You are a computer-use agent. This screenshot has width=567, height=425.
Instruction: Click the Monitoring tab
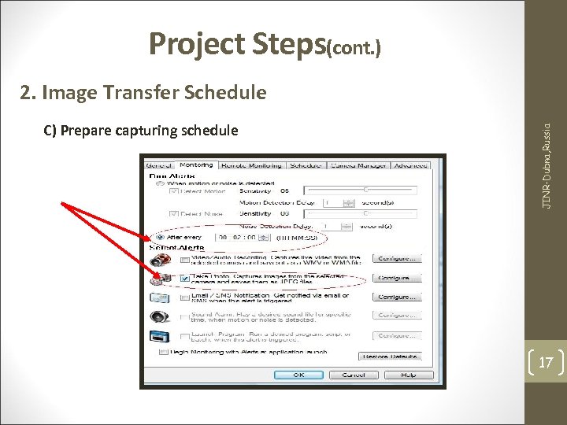click(197, 165)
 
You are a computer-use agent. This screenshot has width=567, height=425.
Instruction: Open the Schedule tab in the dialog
click(305, 166)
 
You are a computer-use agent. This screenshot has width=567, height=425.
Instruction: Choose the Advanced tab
click(411, 166)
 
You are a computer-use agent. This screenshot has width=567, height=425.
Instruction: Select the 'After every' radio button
click(161, 236)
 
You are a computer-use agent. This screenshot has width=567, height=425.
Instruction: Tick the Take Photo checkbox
click(183, 278)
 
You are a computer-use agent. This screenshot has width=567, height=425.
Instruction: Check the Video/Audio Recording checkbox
click(183, 259)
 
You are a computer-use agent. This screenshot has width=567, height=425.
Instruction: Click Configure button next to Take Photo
click(398, 278)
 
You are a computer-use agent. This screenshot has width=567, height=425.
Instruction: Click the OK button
click(298, 375)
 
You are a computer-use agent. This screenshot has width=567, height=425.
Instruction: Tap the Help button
click(408, 375)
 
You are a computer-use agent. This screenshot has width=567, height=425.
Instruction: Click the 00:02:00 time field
click(238, 236)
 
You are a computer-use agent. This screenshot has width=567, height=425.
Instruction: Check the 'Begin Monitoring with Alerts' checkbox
click(164, 351)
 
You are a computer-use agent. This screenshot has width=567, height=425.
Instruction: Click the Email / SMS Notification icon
click(159, 298)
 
